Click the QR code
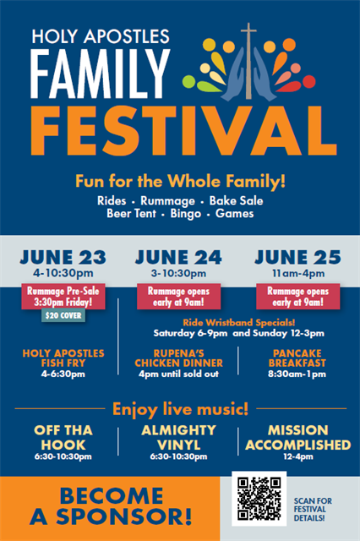click(x=259, y=499)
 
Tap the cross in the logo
click(x=248, y=61)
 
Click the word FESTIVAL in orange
click(x=183, y=131)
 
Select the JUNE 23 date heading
click(x=63, y=257)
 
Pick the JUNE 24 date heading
click(x=178, y=257)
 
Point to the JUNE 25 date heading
click(x=298, y=257)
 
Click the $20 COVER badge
click(x=63, y=315)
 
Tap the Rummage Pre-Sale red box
click(x=63, y=297)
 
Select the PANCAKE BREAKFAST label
click(x=297, y=358)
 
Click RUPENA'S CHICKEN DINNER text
click(x=178, y=358)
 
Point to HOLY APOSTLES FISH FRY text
click(x=63, y=358)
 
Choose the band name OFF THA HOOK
click(x=63, y=438)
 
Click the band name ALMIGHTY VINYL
click(x=178, y=438)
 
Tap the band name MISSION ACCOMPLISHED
click(x=298, y=438)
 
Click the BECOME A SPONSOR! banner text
click(x=111, y=506)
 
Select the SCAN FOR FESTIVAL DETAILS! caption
click(x=313, y=509)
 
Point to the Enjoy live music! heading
click(x=180, y=409)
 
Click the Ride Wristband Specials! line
click(x=239, y=323)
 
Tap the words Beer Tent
click(x=131, y=214)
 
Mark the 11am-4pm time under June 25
click(x=298, y=274)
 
